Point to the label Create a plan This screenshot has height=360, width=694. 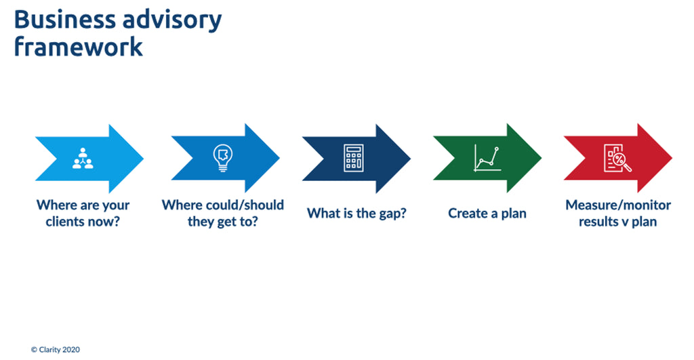[x=487, y=214]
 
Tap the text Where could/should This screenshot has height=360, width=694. [x=223, y=205]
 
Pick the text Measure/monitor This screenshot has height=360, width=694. [x=617, y=205]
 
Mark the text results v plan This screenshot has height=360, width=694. [x=617, y=222]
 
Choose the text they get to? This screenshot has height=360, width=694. [x=223, y=222]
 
